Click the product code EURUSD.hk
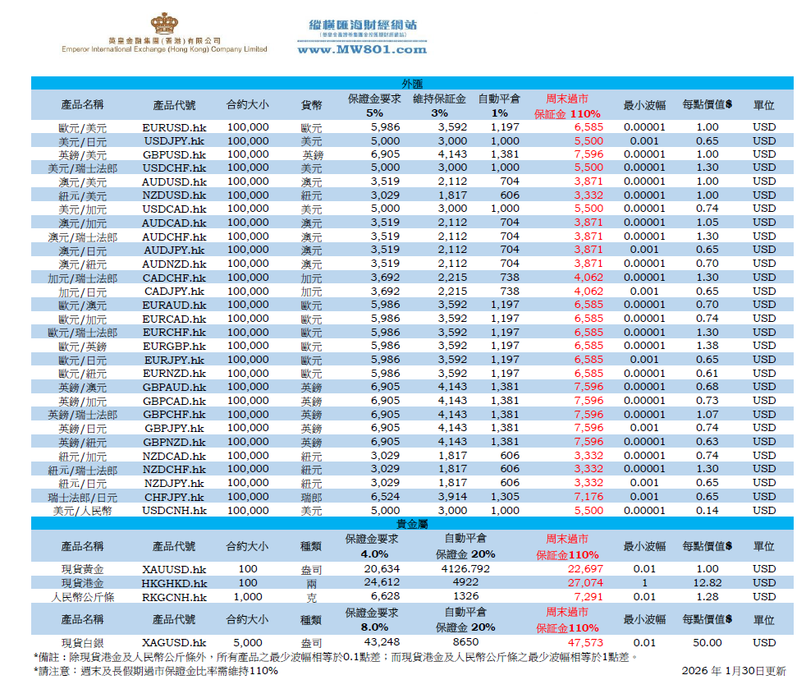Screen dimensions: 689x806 pyautogui.click(x=174, y=127)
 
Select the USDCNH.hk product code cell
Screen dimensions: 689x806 pyautogui.click(x=174, y=511)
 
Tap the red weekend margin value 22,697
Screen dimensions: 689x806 pyautogui.click(x=588, y=569)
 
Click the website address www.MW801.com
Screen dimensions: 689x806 pyautogui.click(x=362, y=49)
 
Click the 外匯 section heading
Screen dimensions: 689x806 pyautogui.click(x=412, y=84)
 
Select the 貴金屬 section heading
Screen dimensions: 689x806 pyautogui.click(x=412, y=523)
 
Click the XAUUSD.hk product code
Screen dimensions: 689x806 pyautogui.click(x=174, y=569)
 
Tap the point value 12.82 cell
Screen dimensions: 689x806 pyautogui.click(x=707, y=583)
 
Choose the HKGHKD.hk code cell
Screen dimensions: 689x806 pyautogui.click(x=174, y=583)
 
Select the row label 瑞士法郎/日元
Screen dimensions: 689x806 pyautogui.click(x=83, y=497)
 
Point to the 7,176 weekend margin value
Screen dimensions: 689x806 pyautogui.click(x=588, y=497)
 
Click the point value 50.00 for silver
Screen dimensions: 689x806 pyautogui.click(x=707, y=643)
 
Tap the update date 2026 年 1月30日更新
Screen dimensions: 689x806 pyautogui.click(x=733, y=671)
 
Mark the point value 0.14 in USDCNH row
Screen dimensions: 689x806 pyautogui.click(x=707, y=511)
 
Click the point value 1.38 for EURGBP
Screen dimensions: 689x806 pyautogui.click(x=707, y=346)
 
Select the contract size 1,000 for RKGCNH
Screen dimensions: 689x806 pyautogui.click(x=248, y=597)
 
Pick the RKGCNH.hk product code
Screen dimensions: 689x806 pyautogui.click(x=174, y=597)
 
